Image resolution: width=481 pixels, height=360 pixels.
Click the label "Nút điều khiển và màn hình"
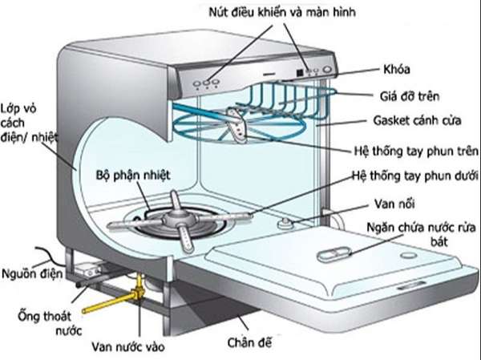282,12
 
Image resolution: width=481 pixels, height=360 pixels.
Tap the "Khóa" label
397,70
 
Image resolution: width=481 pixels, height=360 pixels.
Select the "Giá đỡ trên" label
410,96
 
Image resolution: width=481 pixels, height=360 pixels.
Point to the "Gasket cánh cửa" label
417,120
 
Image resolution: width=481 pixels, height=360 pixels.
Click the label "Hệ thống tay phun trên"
416,151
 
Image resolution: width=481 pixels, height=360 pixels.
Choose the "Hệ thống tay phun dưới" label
414,176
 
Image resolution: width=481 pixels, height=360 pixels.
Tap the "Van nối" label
394,204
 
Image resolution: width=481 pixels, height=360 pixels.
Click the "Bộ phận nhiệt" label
133,176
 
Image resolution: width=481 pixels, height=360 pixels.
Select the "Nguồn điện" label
32,273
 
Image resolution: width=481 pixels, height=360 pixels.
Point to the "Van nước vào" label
128,347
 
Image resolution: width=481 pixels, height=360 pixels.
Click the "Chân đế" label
249,342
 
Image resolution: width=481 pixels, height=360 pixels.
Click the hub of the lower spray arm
179,220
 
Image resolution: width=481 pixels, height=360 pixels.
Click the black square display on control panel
300,73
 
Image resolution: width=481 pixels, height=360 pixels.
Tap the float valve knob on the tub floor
285,223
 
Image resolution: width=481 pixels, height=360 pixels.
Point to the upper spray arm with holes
237,126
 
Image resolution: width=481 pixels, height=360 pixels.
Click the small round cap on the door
408,255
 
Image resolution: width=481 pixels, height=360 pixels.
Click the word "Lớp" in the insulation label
10,109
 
